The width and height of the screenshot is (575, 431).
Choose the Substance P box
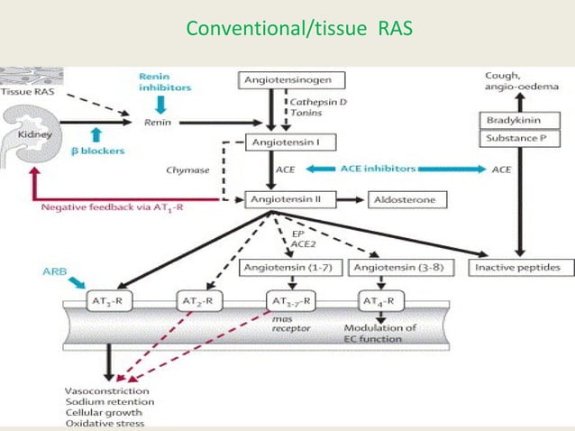tap(516, 140)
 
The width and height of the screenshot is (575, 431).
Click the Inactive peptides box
tap(517, 268)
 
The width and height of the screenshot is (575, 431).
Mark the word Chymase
tap(187, 169)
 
